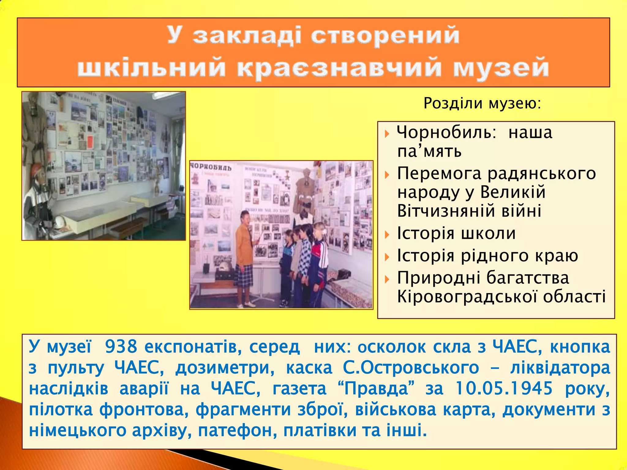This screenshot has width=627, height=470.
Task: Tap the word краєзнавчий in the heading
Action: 339,68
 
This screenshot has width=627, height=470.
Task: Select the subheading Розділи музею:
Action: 482,103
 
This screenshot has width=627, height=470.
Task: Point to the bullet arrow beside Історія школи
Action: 387,235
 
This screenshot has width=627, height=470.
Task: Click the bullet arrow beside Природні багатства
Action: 387,279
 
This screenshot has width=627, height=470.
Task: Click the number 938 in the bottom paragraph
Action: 121,347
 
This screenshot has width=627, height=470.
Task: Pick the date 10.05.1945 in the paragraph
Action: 504,389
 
